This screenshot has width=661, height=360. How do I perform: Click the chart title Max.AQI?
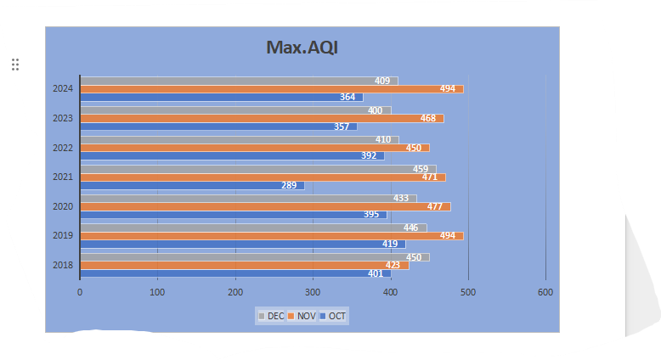[x=302, y=48]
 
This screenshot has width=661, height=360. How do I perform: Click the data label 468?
[x=428, y=118]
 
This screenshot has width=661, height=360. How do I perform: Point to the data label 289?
[x=290, y=185]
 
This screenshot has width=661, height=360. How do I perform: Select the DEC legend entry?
[x=271, y=316]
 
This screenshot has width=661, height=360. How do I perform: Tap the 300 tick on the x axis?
[x=313, y=292]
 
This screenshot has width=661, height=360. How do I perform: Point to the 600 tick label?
[x=545, y=292]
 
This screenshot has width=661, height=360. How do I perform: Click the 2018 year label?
[x=62, y=265]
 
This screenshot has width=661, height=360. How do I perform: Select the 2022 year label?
[x=62, y=148]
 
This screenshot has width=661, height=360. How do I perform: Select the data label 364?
[x=347, y=97]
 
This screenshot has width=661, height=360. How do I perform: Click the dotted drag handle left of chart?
[x=15, y=64]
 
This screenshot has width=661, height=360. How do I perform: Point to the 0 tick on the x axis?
[x=80, y=292]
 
